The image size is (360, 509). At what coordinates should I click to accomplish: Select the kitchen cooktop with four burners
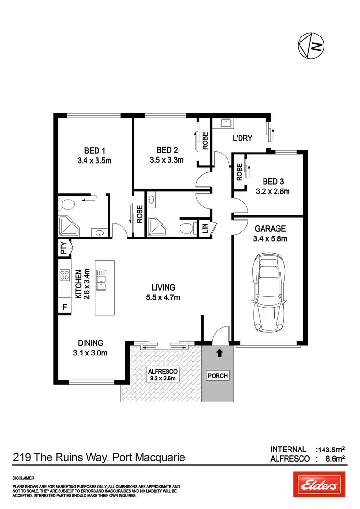click(64, 275)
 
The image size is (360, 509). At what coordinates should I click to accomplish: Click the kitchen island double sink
click(101, 280)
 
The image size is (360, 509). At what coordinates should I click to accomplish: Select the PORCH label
click(217, 376)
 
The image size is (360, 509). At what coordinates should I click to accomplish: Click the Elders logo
click(319, 485)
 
